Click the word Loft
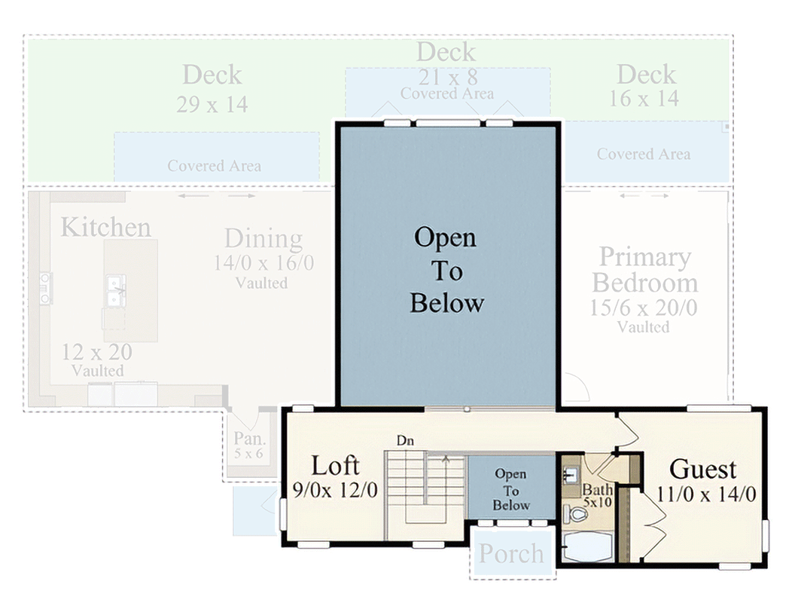click(x=336, y=465)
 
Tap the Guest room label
click(x=702, y=469)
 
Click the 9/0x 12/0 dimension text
click(x=335, y=490)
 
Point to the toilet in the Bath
click(x=576, y=515)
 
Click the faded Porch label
click(x=511, y=554)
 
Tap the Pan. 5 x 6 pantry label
click(x=248, y=445)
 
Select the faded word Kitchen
click(x=105, y=227)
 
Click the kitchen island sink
click(x=114, y=291)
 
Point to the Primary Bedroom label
click(x=644, y=270)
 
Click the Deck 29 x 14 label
click(x=212, y=87)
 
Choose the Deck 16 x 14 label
click(x=646, y=85)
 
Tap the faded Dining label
click(x=263, y=239)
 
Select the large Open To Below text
click(x=446, y=271)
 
